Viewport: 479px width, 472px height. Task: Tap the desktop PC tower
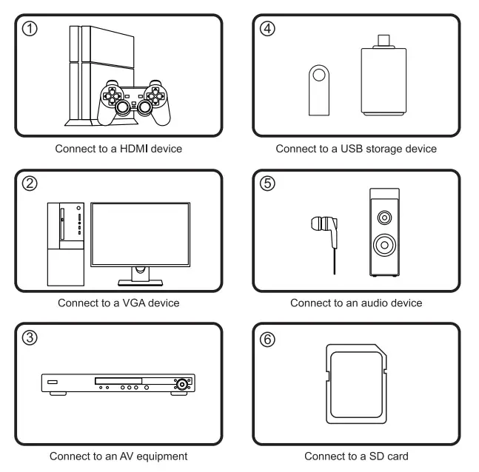tap(65, 243)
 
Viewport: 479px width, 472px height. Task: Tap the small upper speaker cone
tap(383, 218)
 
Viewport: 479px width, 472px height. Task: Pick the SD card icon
tap(356, 384)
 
